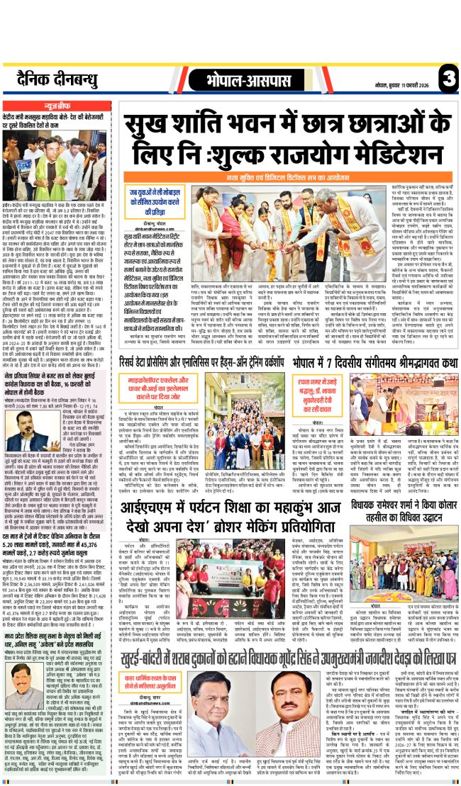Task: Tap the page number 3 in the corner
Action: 446,75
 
